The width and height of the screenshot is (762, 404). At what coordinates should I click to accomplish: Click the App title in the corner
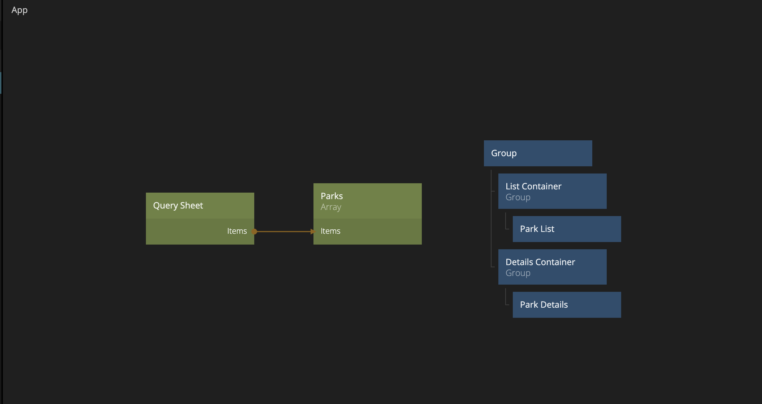(x=20, y=10)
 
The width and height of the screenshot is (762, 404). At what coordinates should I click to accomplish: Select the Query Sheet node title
(x=178, y=206)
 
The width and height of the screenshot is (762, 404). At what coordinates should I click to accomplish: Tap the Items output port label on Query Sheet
(x=237, y=231)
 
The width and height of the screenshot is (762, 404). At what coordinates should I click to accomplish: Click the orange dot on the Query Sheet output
(x=254, y=232)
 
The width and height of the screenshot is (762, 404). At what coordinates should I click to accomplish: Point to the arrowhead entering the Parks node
(x=313, y=232)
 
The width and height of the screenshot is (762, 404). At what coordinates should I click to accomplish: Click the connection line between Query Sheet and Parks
(x=283, y=232)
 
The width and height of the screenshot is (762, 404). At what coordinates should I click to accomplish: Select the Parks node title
(x=332, y=196)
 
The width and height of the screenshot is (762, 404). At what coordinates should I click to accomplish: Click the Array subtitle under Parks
(x=331, y=207)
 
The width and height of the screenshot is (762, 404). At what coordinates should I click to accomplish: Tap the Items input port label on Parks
(x=330, y=231)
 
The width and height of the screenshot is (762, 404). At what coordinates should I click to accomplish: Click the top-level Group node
(x=538, y=153)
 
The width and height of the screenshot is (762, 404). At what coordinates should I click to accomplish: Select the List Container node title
(x=533, y=186)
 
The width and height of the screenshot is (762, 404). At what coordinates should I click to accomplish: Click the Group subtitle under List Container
(x=518, y=198)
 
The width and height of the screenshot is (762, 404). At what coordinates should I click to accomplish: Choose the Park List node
(x=567, y=229)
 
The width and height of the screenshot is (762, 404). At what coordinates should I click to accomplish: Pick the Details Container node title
(x=540, y=262)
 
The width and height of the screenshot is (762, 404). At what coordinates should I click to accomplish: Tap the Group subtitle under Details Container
(x=518, y=273)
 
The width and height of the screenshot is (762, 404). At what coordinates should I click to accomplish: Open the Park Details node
(x=567, y=305)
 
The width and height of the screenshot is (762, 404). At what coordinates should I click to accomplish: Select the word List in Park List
(x=547, y=229)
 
